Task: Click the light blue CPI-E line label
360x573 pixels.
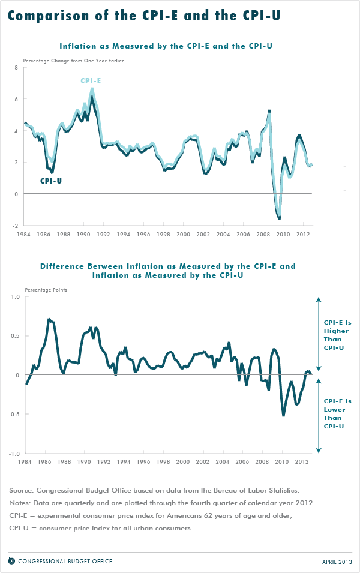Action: (91, 80)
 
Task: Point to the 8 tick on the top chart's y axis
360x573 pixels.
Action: (16, 68)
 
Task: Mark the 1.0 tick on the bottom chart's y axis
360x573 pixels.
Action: (15, 296)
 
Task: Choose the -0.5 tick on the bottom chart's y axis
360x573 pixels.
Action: (14, 415)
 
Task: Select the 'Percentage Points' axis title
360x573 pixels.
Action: (46, 290)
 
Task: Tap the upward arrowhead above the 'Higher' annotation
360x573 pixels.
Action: (319, 299)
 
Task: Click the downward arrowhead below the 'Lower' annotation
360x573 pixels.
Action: (319, 451)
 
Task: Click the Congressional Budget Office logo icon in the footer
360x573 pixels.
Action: (11, 561)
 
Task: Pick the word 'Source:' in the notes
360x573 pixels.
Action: (22, 490)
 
